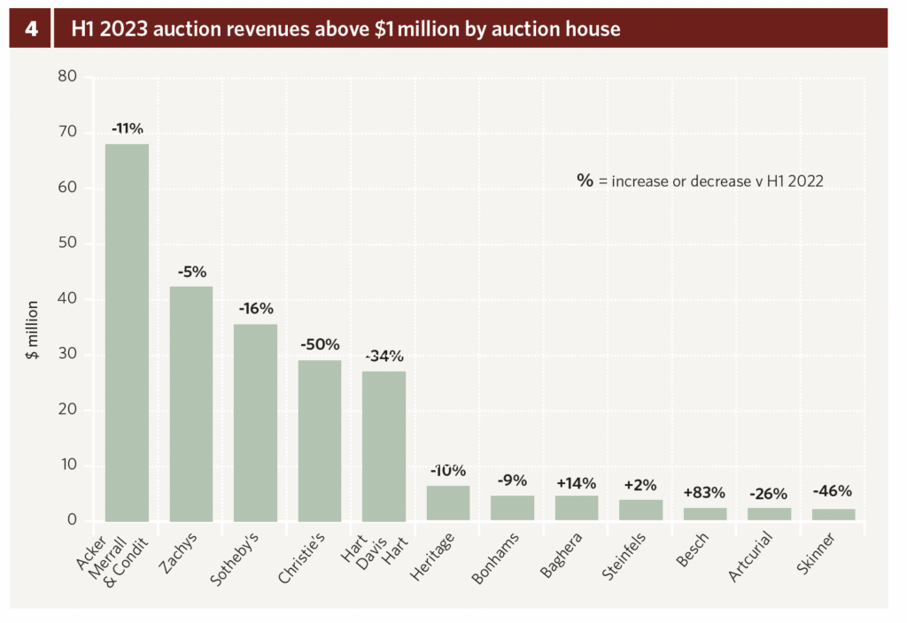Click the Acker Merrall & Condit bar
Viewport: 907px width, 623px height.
point(127,332)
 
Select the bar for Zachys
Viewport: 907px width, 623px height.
point(191,404)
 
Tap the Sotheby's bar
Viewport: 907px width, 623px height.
point(255,422)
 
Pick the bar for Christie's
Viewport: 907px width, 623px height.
point(320,440)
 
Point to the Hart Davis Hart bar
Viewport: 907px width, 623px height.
point(384,445)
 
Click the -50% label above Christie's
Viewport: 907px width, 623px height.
point(320,344)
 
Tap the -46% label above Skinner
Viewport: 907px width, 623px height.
point(833,491)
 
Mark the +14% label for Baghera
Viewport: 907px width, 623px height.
point(576,483)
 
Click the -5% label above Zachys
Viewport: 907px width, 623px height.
point(191,272)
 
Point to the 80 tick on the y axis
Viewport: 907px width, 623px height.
point(68,77)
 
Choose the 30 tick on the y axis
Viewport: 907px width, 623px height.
point(68,355)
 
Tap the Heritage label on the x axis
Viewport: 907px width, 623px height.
point(436,553)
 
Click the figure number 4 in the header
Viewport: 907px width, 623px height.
point(31,29)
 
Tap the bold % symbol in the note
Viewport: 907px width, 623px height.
point(585,181)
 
